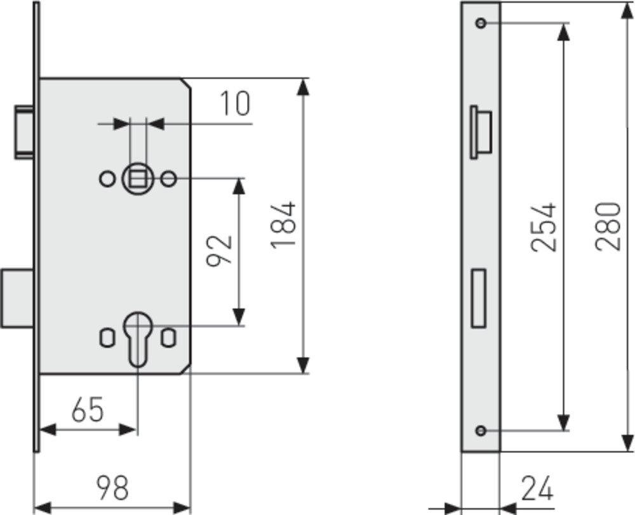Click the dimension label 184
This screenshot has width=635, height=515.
[x=283, y=225]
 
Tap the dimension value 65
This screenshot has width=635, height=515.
[x=88, y=409]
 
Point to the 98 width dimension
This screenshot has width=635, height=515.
[x=112, y=487]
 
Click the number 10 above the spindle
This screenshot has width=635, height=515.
[x=236, y=103]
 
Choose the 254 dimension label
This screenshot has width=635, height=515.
[x=544, y=227]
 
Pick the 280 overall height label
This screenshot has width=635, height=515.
[x=608, y=226]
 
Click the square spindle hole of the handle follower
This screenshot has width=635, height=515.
[x=138, y=178]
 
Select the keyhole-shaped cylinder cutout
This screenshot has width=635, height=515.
[x=138, y=339]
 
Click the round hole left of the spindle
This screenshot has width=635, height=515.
[x=107, y=179]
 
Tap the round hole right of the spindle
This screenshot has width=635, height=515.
[x=168, y=179]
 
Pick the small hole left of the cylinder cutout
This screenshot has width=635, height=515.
[x=107, y=338]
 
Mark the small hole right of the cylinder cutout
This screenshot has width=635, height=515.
[x=168, y=338]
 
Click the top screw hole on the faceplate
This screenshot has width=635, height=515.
[x=481, y=23]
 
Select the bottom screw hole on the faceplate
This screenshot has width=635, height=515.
[x=481, y=431]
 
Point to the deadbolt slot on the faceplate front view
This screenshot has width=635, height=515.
[x=479, y=297]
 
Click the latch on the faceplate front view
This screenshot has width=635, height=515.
[x=481, y=133]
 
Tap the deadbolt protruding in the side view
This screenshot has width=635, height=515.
[x=17, y=297]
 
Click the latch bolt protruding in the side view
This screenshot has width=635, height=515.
[x=24, y=133]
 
